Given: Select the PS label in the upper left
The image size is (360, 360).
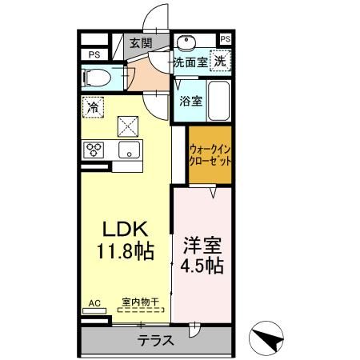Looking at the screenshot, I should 94,54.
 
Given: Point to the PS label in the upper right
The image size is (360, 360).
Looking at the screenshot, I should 225,39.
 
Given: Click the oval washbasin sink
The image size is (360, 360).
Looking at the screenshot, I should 188,42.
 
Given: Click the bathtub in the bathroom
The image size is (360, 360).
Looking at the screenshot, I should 218,101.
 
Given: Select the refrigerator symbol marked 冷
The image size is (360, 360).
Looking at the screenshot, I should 94,106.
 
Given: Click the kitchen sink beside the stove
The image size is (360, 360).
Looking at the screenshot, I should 128,150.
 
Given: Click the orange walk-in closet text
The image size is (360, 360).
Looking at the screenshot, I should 210,154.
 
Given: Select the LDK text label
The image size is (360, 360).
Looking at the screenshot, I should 116,230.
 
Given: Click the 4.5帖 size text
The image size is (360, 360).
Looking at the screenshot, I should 202,264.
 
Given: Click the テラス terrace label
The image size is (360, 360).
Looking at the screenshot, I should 155,339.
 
